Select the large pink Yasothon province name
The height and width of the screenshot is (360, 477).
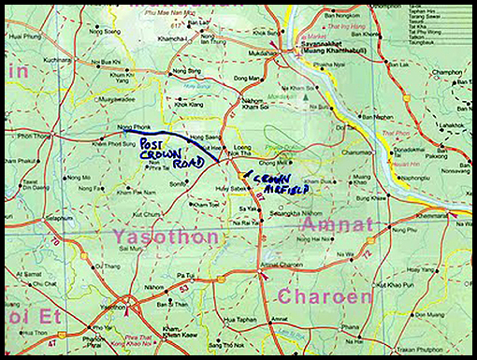pos(166,237)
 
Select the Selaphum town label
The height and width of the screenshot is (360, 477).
pos(59,217)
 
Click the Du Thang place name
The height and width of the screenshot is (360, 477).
pos(109,266)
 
